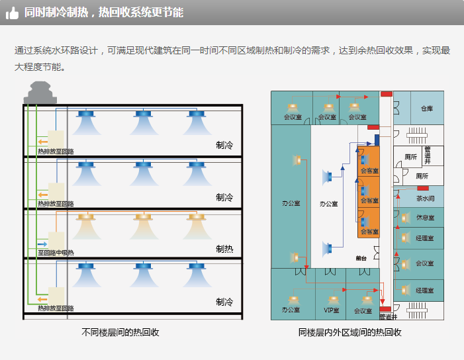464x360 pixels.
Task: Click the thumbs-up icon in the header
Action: [x=12, y=13]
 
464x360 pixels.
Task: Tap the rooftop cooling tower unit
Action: [x=40, y=94]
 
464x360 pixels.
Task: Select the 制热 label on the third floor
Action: [x=224, y=249]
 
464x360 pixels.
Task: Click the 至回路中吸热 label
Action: [x=56, y=252]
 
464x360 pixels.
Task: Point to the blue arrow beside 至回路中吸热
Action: [x=42, y=245]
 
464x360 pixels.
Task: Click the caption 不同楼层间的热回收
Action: [x=120, y=332]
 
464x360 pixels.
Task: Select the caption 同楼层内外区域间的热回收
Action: [x=350, y=332]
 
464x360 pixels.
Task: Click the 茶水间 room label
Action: [x=425, y=198]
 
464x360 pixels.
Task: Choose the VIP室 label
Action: [x=331, y=310]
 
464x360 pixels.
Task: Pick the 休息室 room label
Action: [x=425, y=218]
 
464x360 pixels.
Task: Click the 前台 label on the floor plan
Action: [x=361, y=258]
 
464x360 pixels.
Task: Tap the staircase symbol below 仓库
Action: [x=416, y=136]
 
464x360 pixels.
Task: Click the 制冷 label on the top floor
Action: [x=224, y=145]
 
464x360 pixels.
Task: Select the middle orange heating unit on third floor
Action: [x=141, y=217]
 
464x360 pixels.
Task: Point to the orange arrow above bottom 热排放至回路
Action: [x=42, y=295]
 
